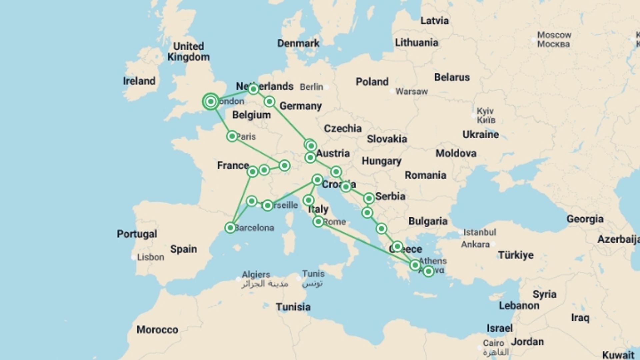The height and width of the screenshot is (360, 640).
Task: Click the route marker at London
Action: (x=211, y=101)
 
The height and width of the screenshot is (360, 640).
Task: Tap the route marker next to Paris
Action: (x=232, y=136)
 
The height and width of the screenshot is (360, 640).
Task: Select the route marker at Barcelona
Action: (x=230, y=228)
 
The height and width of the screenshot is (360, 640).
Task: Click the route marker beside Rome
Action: (x=318, y=221)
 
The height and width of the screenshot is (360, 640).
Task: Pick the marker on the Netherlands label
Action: (x=253, y=89)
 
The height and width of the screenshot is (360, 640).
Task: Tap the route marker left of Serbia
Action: (x=369, y=198)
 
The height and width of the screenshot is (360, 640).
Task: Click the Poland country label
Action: (x=372, y=82)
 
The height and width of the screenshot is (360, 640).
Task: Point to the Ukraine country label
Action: (x=480, y=134)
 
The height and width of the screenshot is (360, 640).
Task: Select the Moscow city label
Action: (x=554, y=35)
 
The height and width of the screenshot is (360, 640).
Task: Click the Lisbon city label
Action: (x=150, y=257)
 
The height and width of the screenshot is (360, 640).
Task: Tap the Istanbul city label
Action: (x=480, y=232)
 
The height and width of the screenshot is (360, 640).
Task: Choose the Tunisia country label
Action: (x=293, y=307)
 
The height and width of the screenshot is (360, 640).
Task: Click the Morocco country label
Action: (x=157, y=330)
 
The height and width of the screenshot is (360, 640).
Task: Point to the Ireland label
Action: (x=139, y=81)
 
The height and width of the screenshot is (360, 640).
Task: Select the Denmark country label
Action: (x=298, y=43)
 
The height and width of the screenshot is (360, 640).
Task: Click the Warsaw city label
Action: (x=411, y=91)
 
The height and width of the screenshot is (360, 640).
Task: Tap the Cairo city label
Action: (x=493, y=343)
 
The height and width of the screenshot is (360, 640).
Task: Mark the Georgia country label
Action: (x=585, y=219)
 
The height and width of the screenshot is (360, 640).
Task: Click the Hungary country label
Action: (x=381, y=161)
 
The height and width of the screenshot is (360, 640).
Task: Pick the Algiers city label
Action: (x=256, y=274)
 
